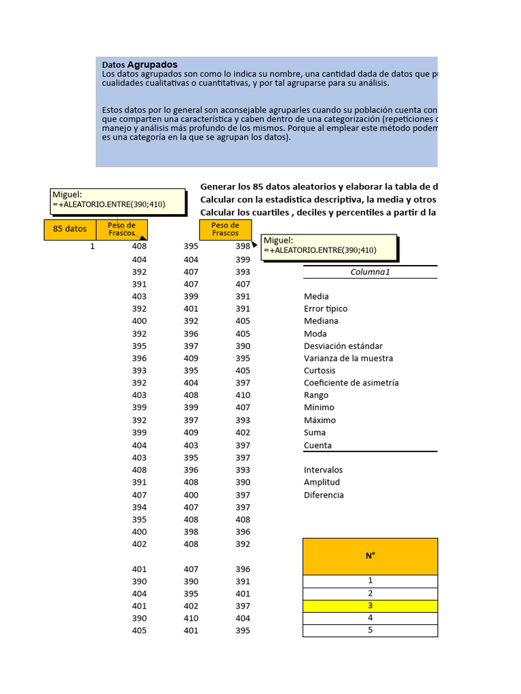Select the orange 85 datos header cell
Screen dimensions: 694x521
coord(71,229)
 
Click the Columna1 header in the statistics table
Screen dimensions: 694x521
coord(370,272)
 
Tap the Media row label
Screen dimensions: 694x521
coord(316,296)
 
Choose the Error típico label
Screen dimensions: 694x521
coord(326,308)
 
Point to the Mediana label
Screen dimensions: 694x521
coord(321,321)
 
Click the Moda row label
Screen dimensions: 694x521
coord(315,333)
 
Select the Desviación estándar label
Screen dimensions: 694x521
coord(343,346)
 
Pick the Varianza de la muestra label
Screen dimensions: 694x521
coord(348,358)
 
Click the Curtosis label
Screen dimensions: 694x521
coord(320,371)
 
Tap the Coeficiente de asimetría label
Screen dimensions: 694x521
coord(351,383)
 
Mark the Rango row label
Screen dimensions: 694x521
coord(316,395)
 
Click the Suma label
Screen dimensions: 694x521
coord(315,432)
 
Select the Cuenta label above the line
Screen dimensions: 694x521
coord(317,445)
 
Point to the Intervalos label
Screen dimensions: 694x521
coord(324,470)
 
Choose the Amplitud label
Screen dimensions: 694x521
coord(322,482)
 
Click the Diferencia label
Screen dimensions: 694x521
coord(324,495)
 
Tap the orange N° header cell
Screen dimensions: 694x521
coord(370,556)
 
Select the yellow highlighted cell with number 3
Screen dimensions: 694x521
coord(370,606)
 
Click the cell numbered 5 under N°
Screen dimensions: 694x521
coord(370,630)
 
